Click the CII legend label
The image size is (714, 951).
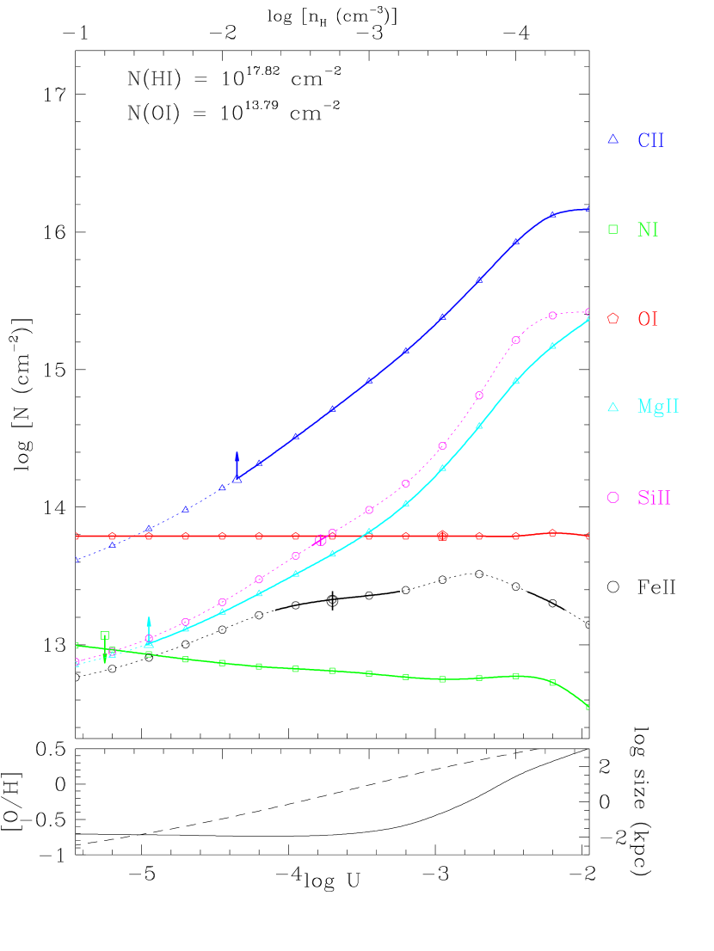pos(650,140)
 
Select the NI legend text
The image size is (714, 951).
pos(648,230)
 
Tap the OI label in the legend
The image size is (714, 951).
pos(648,319)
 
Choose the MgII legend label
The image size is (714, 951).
pos(658,407)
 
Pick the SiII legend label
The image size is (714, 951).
pos(654,498)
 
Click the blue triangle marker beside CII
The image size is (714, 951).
pos(613,139)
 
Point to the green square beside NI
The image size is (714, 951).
pos(613,229)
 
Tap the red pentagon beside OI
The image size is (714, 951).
pos(613,318)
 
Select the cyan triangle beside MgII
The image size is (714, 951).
pos(613,407)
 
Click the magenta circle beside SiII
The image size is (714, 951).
pos(613,497)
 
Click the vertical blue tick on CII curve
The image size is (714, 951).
pos(237,465)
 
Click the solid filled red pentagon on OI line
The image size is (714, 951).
pos(442,536)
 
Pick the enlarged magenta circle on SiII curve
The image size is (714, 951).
pos(321,541)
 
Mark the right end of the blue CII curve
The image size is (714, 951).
pos(588,208)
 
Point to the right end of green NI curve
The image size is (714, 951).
pos(588,707)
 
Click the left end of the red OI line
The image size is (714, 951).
pos(77,536)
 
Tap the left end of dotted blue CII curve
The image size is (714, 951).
pos(77,560)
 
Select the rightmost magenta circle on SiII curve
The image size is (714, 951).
pos(588,311)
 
